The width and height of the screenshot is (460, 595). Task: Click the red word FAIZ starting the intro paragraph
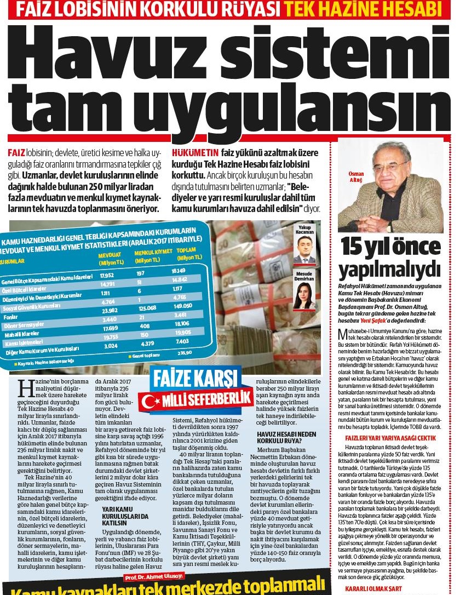point(17,151)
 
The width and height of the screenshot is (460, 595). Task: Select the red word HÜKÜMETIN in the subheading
point(196,151)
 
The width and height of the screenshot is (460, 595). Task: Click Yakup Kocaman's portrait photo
point(304,251)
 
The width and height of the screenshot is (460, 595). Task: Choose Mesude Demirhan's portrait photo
point(304,296)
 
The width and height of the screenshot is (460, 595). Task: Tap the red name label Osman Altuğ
point(356,176)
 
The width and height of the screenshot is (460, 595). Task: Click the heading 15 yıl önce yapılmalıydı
point(389,259)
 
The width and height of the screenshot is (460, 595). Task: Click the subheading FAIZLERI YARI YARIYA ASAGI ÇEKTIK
point(390,438)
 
